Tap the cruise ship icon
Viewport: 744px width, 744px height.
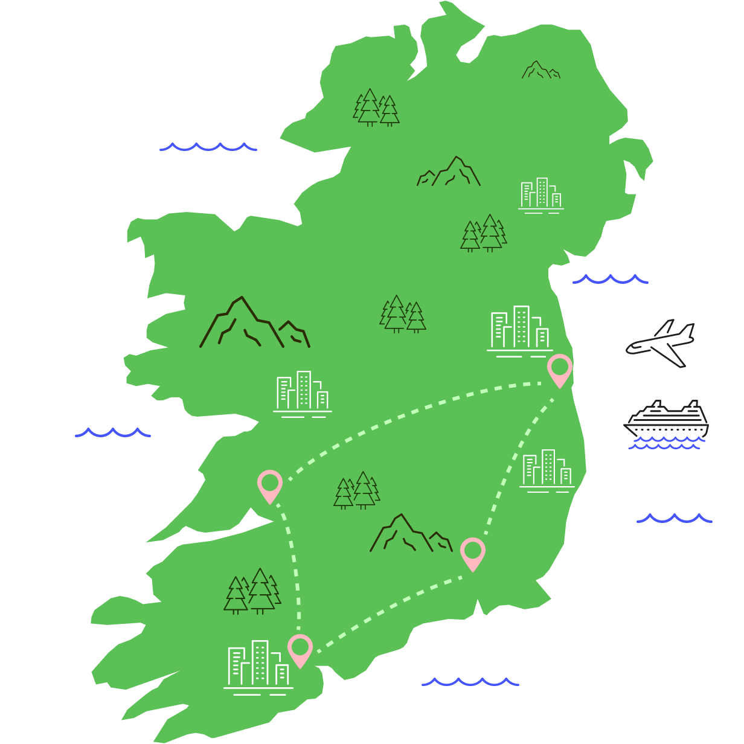click(x=667, y=420)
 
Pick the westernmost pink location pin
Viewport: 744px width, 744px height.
click(x=270, y=484)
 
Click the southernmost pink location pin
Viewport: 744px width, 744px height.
click(x=300, y=649)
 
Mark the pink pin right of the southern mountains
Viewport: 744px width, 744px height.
click(x=473, y=552)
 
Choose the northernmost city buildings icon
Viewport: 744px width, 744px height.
click(x=541, y=195)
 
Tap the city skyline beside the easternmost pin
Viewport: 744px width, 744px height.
click(x=520, y=331)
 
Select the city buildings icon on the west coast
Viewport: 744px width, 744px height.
click(x=303, y=394)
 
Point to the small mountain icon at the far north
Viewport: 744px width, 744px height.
click(x=540, y=70)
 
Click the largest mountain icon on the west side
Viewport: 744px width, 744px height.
click(x=254, y=324)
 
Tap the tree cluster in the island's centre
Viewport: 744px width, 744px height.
click(x=403, y=314)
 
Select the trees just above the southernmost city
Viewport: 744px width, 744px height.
click(x=252, y=591)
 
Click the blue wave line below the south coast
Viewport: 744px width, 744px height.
click(x=470, y=682)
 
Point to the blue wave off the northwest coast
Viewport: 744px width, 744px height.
click(x=208, y=147)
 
